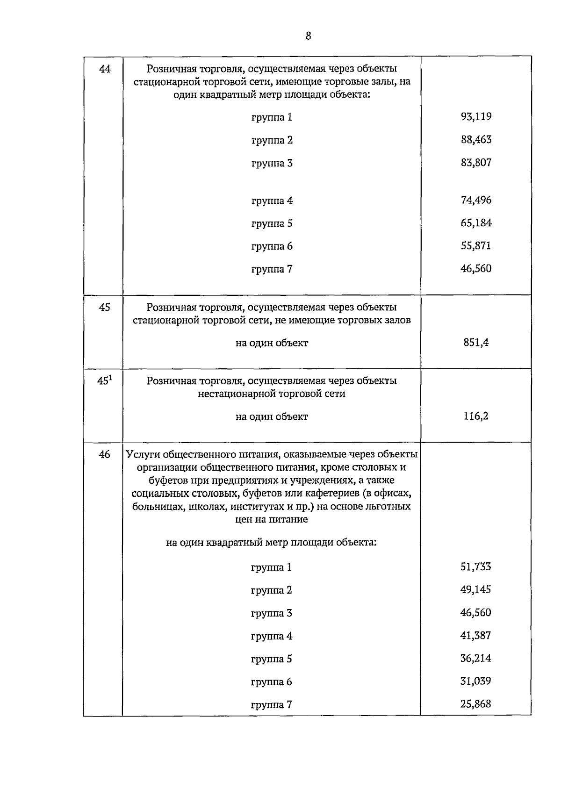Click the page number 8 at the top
(x=308, y=36)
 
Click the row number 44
(x=105, y=69)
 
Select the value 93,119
(x=476, y=116)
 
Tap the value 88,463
(x=476, y=139)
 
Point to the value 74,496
(x=476, y=200)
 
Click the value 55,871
(x=476, y=245)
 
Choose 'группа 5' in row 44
(x=272, y=223)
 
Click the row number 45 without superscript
(x=105, y=307)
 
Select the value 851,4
(x=476, y=342)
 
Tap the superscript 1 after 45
(x=111, y=377)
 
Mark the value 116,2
(x=476, y=416)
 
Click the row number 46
(x=105, y=454)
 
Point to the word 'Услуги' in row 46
(x=142, y=455)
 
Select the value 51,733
(x=476, y=567)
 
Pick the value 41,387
(x=476, y=635)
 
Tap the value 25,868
(x=476, y=703)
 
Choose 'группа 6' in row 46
(x=271, y=681)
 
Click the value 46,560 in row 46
(x=476, y=612)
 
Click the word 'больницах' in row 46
(x=155, y=507)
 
